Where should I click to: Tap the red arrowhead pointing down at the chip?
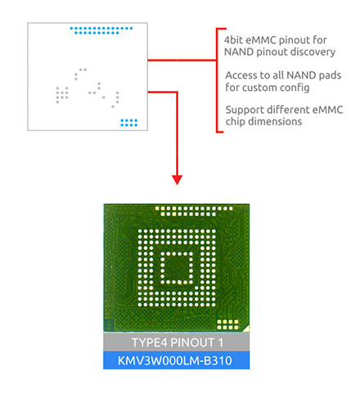pyautogui.click(x=178, y=180)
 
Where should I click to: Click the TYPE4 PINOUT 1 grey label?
pyautogui.click(x=177, y=342)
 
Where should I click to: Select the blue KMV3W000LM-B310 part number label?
pyautogui.click(x=177, y=360)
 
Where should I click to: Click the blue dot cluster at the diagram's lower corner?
pyautogui.click(x=129, y=123)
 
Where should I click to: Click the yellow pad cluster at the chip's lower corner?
pyautogui.click(x=227, y=324)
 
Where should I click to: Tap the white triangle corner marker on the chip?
pyautogui.click(x=246, y=328)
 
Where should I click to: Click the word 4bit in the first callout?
pyautogui.click(x=233, y=40)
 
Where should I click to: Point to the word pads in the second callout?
pyautogui.click(x=330, y=75)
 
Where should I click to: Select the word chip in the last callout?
pyautogui.click(x=236, y=122)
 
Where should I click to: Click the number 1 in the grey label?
pyautogui.click(x=221, y=342)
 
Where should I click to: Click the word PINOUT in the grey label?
pyautogui.click(x=192, y=342)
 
